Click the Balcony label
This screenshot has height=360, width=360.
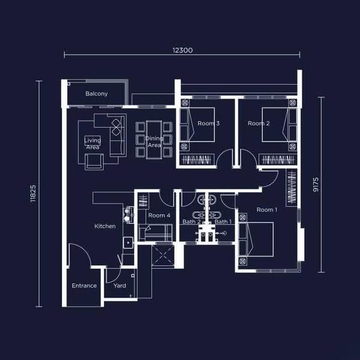tap(97, 94)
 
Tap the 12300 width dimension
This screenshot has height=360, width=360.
tap(182, 50)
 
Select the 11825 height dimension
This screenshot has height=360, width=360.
tap(33, 193)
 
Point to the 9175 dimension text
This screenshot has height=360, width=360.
tap(316, 185)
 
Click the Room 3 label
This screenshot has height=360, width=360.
tap(208, 123)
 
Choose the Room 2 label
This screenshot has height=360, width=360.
tap(259, 123)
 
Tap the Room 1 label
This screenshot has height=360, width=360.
tap(267, 209)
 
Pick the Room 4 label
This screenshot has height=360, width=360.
tap(159, 215)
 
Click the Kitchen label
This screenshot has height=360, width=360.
tap(105, 226)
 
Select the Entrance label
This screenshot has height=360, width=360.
tap(84, 286)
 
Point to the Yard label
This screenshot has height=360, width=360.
tap(119, 286)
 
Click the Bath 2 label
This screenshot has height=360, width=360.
tap(191, 221)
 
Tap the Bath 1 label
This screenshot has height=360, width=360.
tap(223, 221)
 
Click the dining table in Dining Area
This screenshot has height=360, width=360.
tap(154, 140)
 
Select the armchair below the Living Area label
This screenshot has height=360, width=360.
tap(94, 162)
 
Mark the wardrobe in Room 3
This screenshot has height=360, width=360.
tap(197, 160)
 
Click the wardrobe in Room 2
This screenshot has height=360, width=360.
tap(278, 160)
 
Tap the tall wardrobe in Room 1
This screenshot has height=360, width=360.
tap(292, 188)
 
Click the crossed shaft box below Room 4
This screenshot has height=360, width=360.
tap(163, 255)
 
